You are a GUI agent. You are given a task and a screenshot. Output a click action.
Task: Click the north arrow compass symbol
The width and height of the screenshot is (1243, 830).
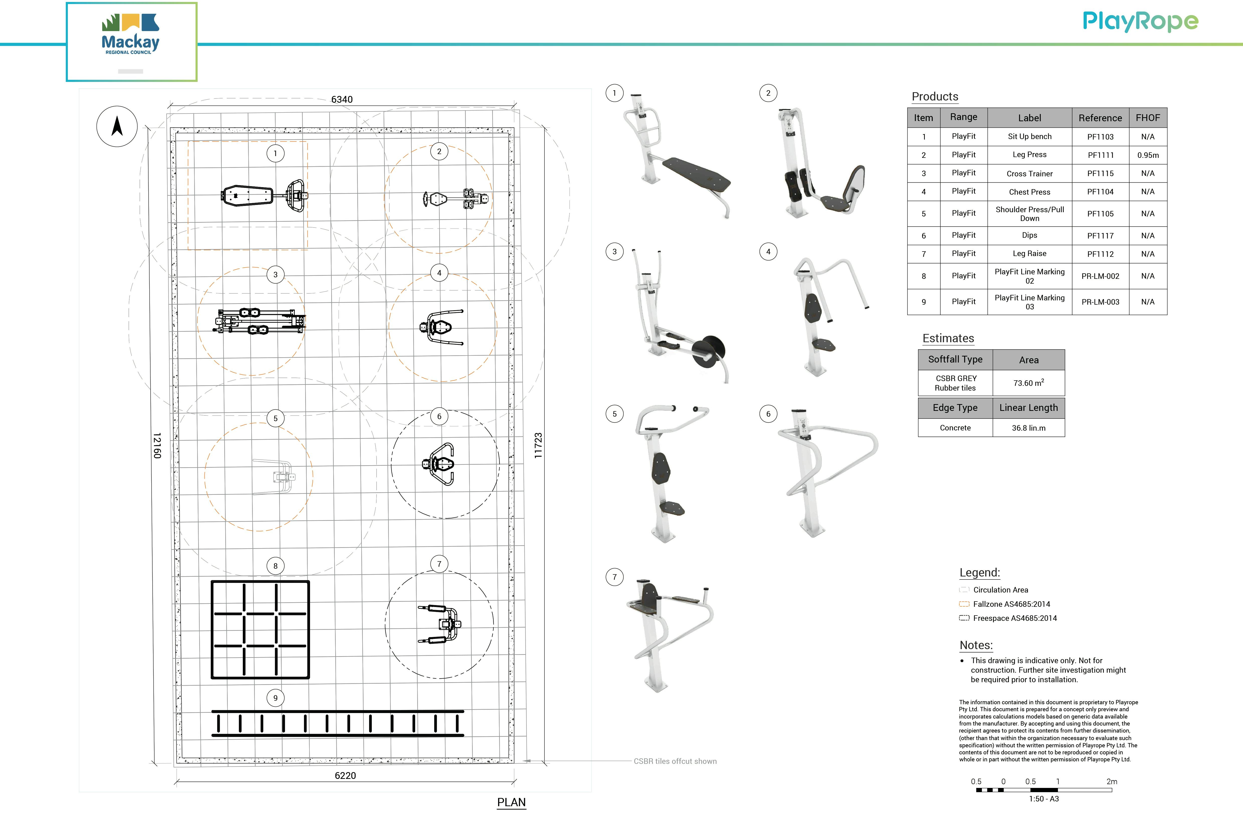117,127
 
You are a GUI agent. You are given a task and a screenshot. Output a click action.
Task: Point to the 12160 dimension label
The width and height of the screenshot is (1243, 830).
157,445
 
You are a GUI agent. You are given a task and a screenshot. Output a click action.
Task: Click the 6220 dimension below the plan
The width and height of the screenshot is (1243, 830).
345,775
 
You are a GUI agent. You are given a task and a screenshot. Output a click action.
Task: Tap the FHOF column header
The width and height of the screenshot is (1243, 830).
1148,117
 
